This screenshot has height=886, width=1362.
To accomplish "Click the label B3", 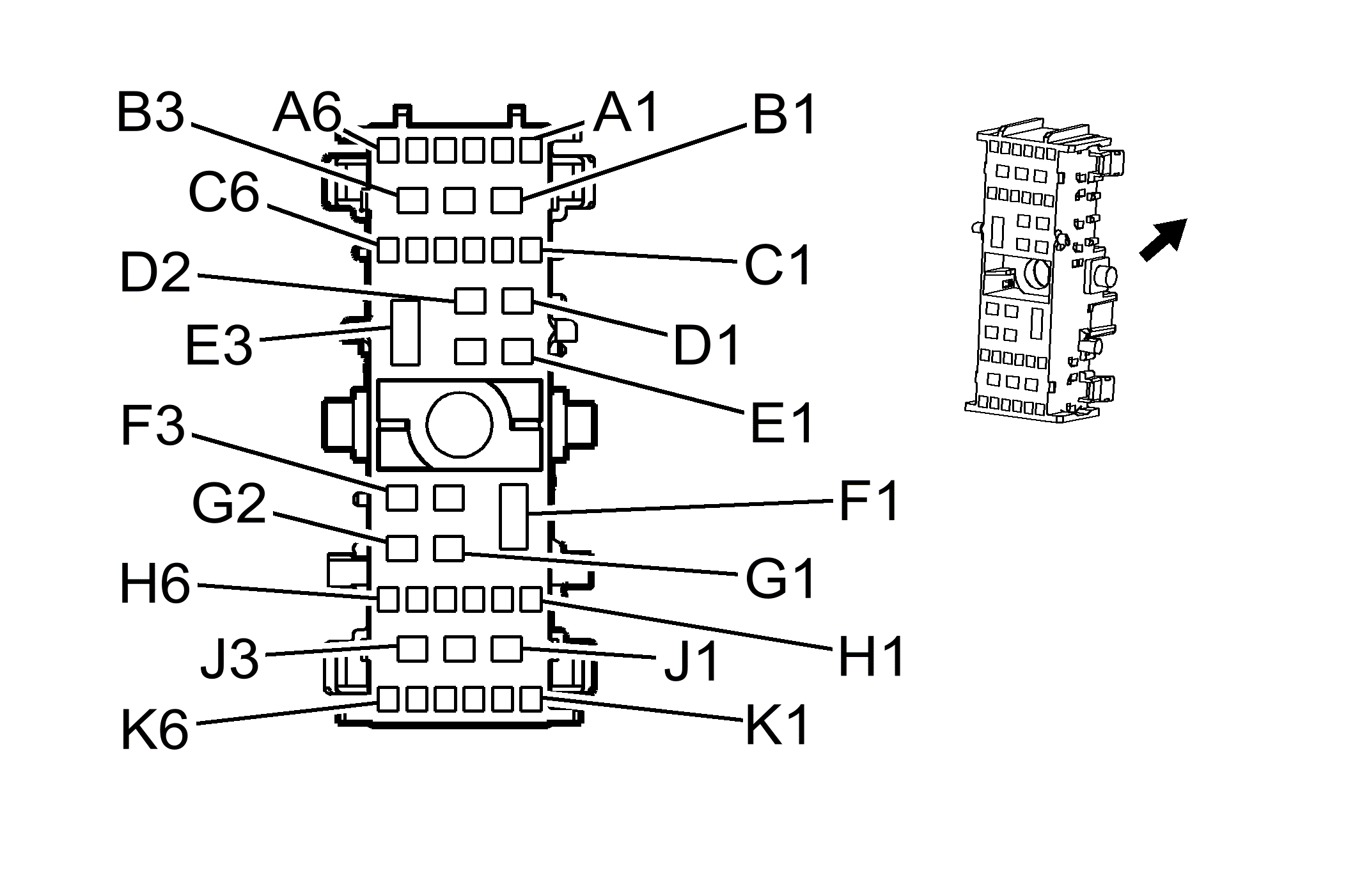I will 151,113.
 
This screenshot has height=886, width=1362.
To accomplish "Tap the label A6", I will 308,114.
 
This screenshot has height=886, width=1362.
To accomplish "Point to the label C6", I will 224,192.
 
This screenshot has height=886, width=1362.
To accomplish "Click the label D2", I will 155,273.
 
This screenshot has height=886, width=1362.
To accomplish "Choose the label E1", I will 781,423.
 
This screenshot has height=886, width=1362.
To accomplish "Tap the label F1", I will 869,502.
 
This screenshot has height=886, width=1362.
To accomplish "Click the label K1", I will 778,726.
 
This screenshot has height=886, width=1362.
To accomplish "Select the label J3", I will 230,659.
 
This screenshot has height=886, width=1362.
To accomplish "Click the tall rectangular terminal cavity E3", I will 405,333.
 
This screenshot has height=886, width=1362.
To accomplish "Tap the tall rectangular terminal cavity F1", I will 513,517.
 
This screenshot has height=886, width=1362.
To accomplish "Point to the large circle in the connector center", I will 459,425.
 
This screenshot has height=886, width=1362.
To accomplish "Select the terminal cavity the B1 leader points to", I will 507,200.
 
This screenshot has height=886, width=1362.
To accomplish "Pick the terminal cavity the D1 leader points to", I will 517,300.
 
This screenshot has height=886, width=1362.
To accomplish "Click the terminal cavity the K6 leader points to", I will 388,699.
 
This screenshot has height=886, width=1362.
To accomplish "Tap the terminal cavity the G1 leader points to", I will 449,548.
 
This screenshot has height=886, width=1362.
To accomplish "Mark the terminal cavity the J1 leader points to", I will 507,649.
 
